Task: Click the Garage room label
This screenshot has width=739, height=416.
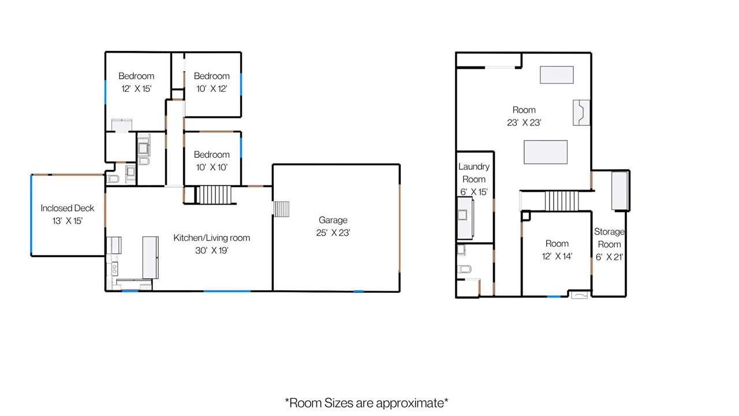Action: (x=333, y=220)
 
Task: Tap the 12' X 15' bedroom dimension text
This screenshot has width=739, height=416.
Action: (x=136, y=89)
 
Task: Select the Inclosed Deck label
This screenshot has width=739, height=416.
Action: (x=68, y=208)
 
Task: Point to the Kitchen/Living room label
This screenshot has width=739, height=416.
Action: (x=212, y=237)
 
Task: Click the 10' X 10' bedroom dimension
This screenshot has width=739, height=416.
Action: (x=212, y=168)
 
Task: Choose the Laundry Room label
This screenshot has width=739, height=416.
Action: (x=474, y=173)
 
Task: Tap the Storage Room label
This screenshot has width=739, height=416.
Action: (x=609, y=238)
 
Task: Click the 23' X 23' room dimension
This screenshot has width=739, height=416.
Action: (x=524, y=123)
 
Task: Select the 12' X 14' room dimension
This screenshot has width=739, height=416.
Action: (x=557, y=256)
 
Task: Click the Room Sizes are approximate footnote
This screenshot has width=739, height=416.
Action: (x=367, y=403)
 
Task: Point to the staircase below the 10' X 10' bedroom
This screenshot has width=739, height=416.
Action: (x=214, y=195)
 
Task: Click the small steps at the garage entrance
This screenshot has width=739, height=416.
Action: (x=281, y=209)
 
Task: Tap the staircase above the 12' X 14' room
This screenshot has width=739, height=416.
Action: (x=562, y=200)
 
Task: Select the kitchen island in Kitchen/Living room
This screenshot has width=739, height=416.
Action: (x=151, y=258)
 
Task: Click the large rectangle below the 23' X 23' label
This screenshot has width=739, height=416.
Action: (x=546, y=152)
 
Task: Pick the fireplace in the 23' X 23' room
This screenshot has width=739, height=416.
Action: (x=581, y=113)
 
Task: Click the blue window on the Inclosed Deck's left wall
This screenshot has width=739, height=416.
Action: (x=31, y=214)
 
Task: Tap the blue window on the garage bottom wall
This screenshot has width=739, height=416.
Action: (x=359, y=291)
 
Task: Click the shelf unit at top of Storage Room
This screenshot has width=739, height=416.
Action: (x=619, y=191)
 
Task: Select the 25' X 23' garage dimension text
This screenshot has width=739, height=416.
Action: (x=333, y=233)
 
